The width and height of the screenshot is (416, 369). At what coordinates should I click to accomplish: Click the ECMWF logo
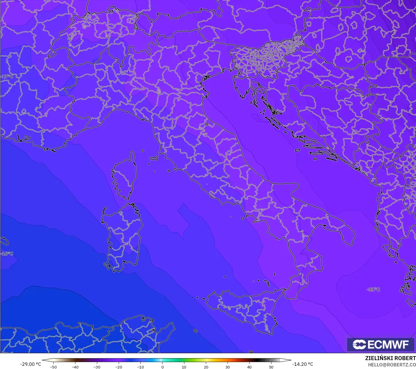click(381, 344)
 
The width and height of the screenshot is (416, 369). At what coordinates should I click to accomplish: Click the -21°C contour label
click(373, 289)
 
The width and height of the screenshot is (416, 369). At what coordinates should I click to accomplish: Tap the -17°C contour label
click(7, 77)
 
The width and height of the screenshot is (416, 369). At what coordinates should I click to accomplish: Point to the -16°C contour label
click(7, 254)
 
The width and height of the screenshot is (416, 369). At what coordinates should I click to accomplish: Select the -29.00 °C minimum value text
click(30, 364)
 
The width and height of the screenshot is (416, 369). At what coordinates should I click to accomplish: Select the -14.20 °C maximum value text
click(302, 364)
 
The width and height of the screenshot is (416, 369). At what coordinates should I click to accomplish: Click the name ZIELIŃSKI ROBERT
click(390, 358)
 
